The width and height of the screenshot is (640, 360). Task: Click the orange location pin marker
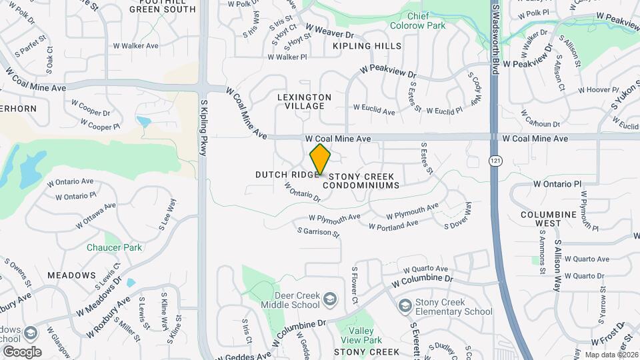coord(320,159)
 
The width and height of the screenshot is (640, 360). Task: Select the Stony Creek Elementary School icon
coord(405,306)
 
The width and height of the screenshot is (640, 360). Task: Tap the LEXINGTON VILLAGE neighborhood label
coord(304,101)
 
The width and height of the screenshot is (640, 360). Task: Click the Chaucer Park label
coord(114,247)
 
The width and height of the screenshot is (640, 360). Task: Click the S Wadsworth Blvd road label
coord(495,33)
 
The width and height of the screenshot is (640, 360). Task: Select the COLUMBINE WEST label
coord(549,219)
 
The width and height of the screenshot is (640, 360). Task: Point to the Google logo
coord(22,352)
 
